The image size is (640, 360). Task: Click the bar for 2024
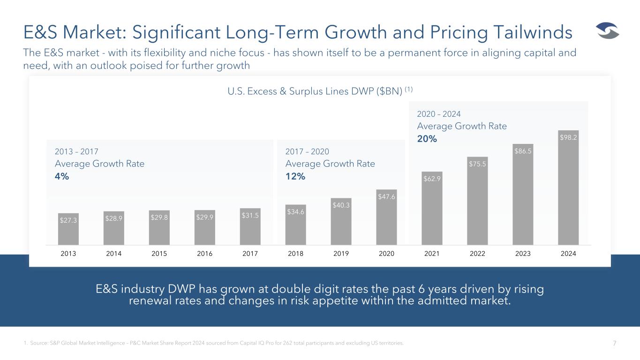568,187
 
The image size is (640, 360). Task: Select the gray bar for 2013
68,229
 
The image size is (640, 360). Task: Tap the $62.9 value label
432,179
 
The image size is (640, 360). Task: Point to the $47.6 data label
386,196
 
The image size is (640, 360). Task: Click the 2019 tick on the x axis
341,254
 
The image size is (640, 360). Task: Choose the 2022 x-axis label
477,254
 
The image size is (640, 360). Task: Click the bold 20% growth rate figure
427,139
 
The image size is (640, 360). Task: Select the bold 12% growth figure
295,176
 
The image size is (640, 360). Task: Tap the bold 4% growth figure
62,176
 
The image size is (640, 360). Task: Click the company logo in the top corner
608,30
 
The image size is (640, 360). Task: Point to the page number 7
615,343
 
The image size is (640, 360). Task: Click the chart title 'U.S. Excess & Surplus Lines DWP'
301,91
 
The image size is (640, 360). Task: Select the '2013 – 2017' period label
76,151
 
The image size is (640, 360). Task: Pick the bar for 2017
250,226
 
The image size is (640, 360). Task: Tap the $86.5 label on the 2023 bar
523,151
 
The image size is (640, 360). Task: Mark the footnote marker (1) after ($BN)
409,90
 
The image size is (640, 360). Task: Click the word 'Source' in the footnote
38,343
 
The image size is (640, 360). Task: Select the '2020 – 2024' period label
438,114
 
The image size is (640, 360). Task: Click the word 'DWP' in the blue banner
181,289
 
